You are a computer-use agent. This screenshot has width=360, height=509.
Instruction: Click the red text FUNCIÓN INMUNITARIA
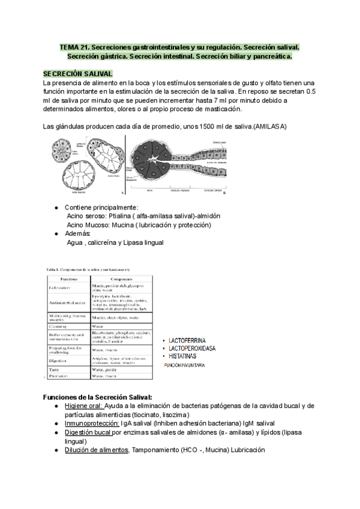point(185,364)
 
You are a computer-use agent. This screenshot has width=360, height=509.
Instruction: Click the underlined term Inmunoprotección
point(92,423)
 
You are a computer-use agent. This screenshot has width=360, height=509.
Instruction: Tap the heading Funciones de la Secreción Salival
point(99,397)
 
